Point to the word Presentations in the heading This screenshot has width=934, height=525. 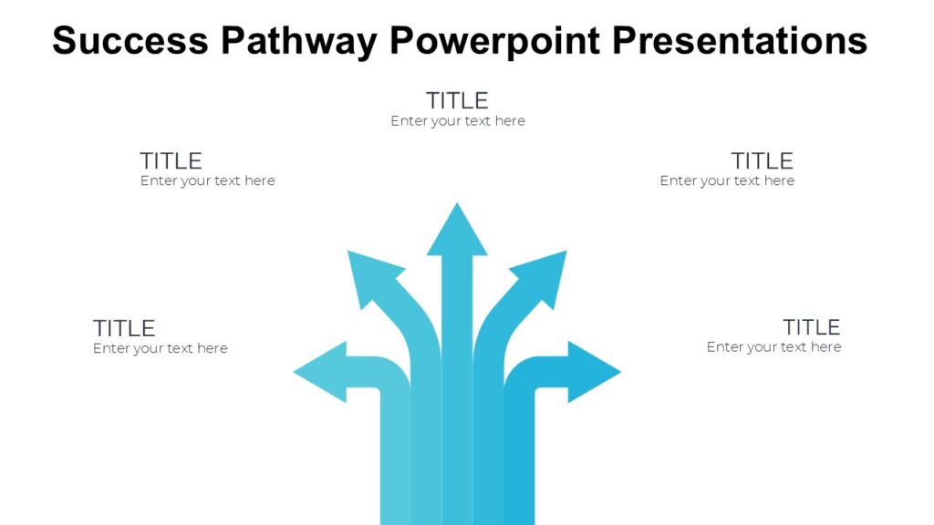point(739,41)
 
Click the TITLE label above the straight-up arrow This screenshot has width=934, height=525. point(457,100)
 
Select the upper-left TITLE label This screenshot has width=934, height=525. point(171,161)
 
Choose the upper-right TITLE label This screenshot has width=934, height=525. point(762,161)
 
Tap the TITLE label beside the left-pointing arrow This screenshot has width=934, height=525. point(124,328)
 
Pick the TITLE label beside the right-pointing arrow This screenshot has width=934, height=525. point(811,327)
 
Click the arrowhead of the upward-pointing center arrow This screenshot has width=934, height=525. point(457,233)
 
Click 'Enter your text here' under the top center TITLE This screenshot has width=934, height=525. point(458,121)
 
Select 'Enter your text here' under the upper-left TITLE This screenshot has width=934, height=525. point(207,181)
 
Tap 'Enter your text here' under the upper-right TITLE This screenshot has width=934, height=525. point(727,181)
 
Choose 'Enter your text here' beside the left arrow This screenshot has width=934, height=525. point(160,349)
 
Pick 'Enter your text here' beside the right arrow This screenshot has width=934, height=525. point(773,347)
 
